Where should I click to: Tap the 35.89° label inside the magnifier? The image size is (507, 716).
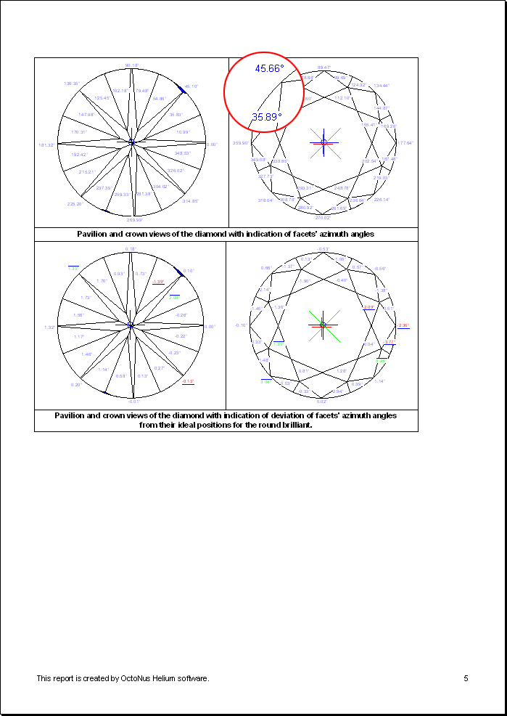pyautogui.click(x=266, y=116)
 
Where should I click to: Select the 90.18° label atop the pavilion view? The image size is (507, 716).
pyautogui.click(x=131, y=65)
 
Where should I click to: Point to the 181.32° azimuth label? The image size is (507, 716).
pyautogui.click(x=46, y=145)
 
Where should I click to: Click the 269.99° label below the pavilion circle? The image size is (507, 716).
pyautogui.click(x=134, y=219)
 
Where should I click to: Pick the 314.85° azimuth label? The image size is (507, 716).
pyautogui.click(x=191, y=201)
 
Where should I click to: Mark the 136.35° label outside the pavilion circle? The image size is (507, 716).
pyautogui.click(x=72, y=84)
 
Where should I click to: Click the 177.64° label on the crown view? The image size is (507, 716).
pyautogui.click(x=405, y=143)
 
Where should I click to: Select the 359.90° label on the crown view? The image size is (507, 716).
pyautogui.click(x=240, y=143)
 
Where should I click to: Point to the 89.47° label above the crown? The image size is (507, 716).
pyautogui.click(x=324, y=67)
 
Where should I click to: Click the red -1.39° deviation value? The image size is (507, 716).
pyautogui.click(x=158, y=281)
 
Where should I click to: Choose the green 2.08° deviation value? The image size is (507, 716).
pyautogui.click(x=174, y=297)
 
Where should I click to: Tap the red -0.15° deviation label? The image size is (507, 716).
pyautogui.click(x=188, y=381)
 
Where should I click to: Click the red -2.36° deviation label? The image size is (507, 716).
pyautogui.click(x=403, y=325)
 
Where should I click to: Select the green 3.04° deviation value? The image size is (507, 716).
pyautogui.click(x=266, y=381)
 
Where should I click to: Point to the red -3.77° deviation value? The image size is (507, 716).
pyautogui.click(x=389, y=342)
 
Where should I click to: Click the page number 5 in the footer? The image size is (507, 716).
pyautogui.click(x=466, y=678)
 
